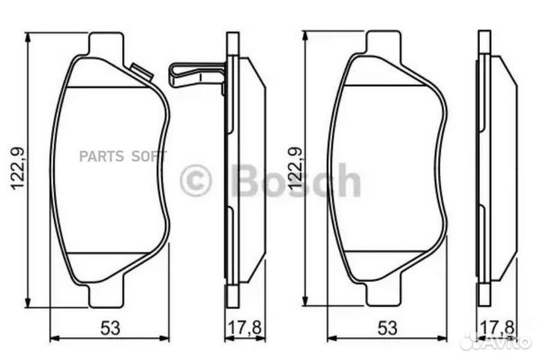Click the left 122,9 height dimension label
click(x=17, y=169)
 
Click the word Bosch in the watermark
click(x=296, y=181)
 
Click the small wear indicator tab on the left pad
click(x=141, y=72)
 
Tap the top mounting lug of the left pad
click(x=105, y=43)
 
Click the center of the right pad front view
click(x=387, y=169)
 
